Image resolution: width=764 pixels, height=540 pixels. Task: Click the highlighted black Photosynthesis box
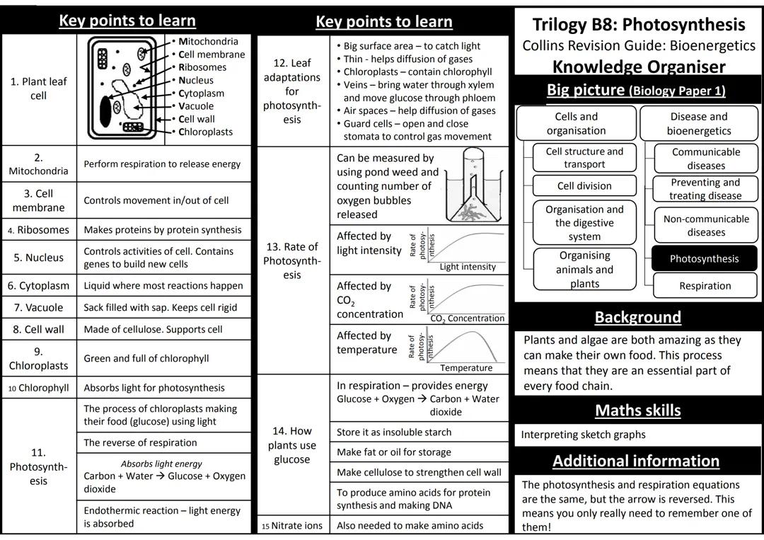pyautogui.click(x=704, y=259)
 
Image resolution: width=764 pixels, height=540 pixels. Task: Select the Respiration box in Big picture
pyautogui.click(x=705, y=286)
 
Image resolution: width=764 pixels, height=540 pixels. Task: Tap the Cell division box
pyautogui.click(x=584, y=186)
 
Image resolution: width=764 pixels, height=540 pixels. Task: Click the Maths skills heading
pyautogui.click(x=637, y=410)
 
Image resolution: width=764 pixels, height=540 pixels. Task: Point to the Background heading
pyautogui.click(x=637, y=317)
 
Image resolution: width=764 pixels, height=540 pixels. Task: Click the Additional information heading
pyautogui.click(x=635, y=461)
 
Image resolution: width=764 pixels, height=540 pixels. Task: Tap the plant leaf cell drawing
pyautogui.click(x=125, y=88)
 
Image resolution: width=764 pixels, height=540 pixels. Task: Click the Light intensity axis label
pyautogui.click(x=468, y=267)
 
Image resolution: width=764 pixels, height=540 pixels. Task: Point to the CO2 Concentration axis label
pyautogui.click(x=468, y=318)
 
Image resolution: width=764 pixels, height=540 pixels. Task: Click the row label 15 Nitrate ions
pyautogui.click(x=292, y=526)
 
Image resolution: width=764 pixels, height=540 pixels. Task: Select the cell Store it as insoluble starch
pyautogui.click(x=394, y=432)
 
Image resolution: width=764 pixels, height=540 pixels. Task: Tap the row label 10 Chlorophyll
pyautogui.click(x=39, y=388)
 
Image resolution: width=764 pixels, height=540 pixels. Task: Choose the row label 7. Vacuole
pyautogui.click(x=39, y=308)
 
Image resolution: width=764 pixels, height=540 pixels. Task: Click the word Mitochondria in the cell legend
pyautogui.click(x=208, y=42)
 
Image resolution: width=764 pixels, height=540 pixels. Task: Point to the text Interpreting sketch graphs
pyautogui.click(x=584, y=435)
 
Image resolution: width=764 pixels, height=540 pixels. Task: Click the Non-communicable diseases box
pyautogui.click(x=705, y=225)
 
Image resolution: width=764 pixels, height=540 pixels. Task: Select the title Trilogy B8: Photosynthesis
pyautogui.click(x=638, y=25)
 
